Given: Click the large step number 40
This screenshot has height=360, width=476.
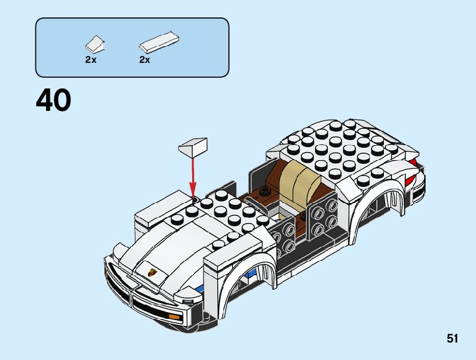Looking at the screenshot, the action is click(x=54, y=101).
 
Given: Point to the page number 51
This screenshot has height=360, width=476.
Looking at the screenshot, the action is click(x=452, y=339).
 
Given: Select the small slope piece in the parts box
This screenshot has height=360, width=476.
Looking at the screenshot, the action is click(x=95, y=45).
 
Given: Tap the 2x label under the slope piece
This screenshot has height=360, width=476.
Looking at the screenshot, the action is click(x=91, y=60).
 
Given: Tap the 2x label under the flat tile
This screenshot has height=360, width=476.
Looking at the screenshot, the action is click(x=145, y=60).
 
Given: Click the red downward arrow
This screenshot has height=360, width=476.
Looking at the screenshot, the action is click(x=192, y=174).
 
